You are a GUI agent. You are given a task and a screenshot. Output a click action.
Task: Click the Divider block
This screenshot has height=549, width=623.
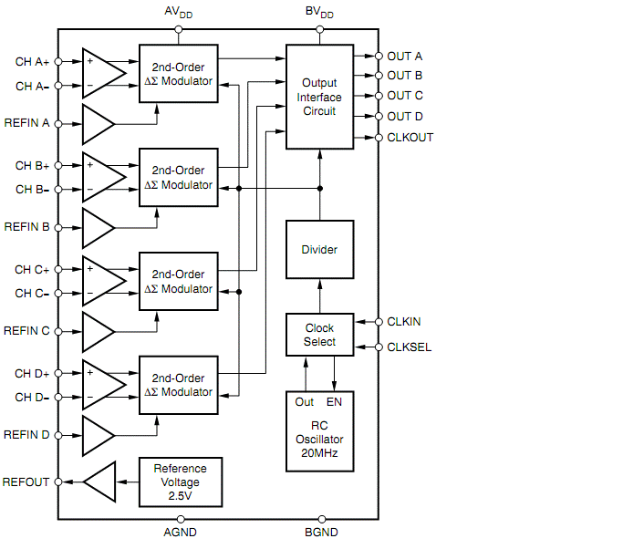point(319,250)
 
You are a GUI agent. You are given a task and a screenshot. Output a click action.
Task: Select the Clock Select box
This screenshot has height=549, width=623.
point(319,335)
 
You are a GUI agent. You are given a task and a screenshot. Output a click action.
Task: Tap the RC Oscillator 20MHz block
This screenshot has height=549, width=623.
point(319,431)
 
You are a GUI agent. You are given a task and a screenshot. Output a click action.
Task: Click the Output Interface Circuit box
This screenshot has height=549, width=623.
point(319,97)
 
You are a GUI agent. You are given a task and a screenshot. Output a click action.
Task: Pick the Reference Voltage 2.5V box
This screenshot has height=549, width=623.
point(180,482)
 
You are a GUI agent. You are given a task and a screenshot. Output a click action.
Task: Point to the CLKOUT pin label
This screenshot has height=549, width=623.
point(410,138)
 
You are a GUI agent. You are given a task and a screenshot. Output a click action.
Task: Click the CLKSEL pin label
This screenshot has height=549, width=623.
point(410,347)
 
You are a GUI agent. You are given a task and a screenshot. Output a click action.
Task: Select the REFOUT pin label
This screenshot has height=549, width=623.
point(26,482)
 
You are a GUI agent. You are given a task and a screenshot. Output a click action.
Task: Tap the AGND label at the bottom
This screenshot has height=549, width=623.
point(180,533)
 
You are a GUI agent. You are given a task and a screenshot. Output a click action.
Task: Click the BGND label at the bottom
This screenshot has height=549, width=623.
point(321,533)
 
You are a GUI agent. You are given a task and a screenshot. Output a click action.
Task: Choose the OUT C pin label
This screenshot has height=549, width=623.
point(405,96)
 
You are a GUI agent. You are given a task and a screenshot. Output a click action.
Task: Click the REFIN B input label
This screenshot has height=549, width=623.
point(27,226)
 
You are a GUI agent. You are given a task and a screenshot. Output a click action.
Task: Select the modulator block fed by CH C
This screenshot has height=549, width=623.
point(180,282)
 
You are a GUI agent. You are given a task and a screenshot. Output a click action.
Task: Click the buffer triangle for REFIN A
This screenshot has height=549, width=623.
point(97,123)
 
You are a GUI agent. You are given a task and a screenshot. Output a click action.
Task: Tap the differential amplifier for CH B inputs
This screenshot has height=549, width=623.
point(101,178)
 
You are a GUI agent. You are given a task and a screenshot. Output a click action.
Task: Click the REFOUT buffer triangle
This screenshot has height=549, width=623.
point(101,482)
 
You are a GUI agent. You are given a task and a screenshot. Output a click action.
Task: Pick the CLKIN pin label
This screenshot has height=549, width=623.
point(404,322)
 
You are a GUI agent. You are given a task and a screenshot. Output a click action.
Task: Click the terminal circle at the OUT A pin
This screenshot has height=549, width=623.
point(379,57)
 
